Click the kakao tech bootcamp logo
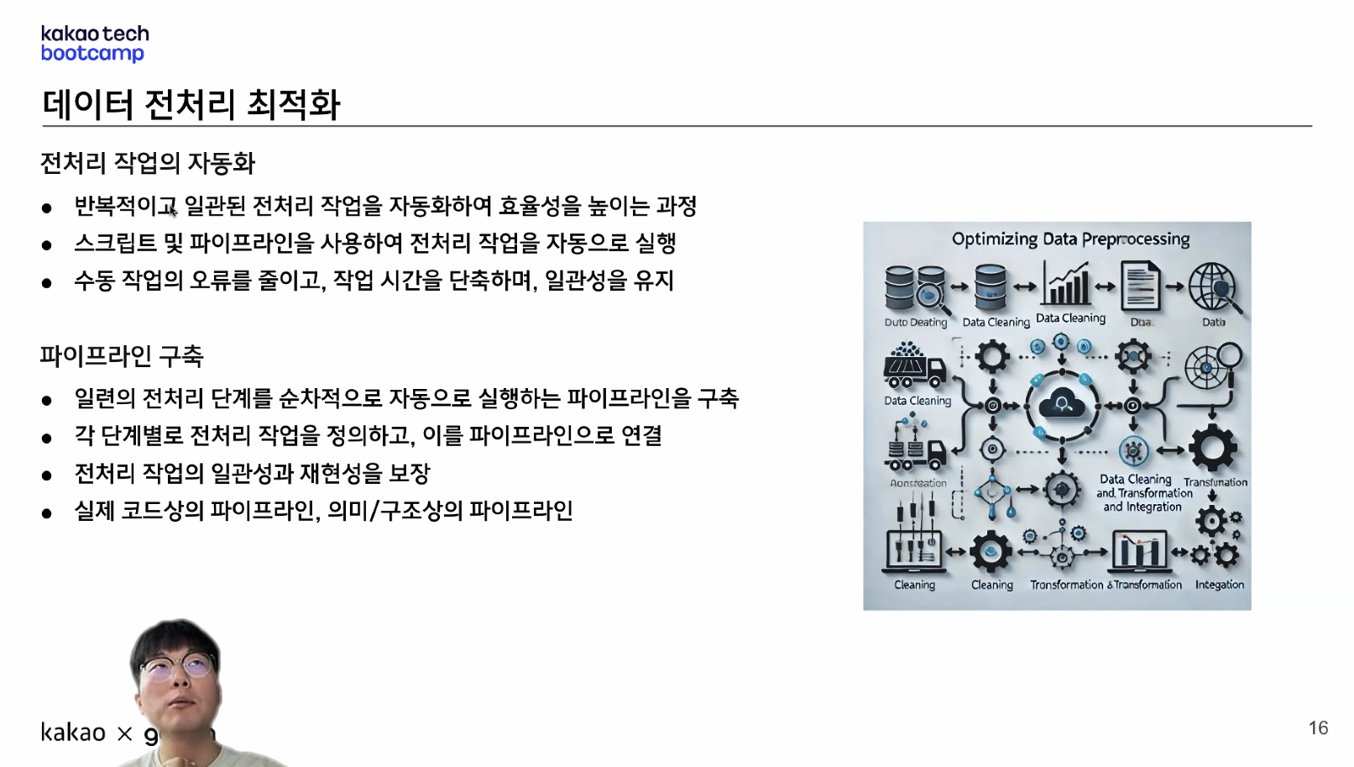click(x=94, y=44)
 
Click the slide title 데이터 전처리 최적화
click(x=191, y=104)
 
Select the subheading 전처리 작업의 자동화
click(x=148, y=163)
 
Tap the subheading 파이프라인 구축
click(x=122, y=356)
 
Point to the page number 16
click(x=1318, y=728)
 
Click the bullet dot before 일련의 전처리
click(x=47, y=401)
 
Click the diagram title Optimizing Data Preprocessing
click(x=1070, y=239)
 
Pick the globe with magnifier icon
click(x=1213, y=286)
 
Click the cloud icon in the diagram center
click(x=1062, y=406)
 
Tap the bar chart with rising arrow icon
click(x=1066, y=283)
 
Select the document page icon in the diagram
click(x=1141, y=286)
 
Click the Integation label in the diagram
click(x=1219, y=585)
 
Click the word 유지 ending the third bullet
click(x=654, y=281)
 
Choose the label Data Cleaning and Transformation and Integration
click(x=1143, y=493)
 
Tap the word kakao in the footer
click(x=73, y=733)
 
